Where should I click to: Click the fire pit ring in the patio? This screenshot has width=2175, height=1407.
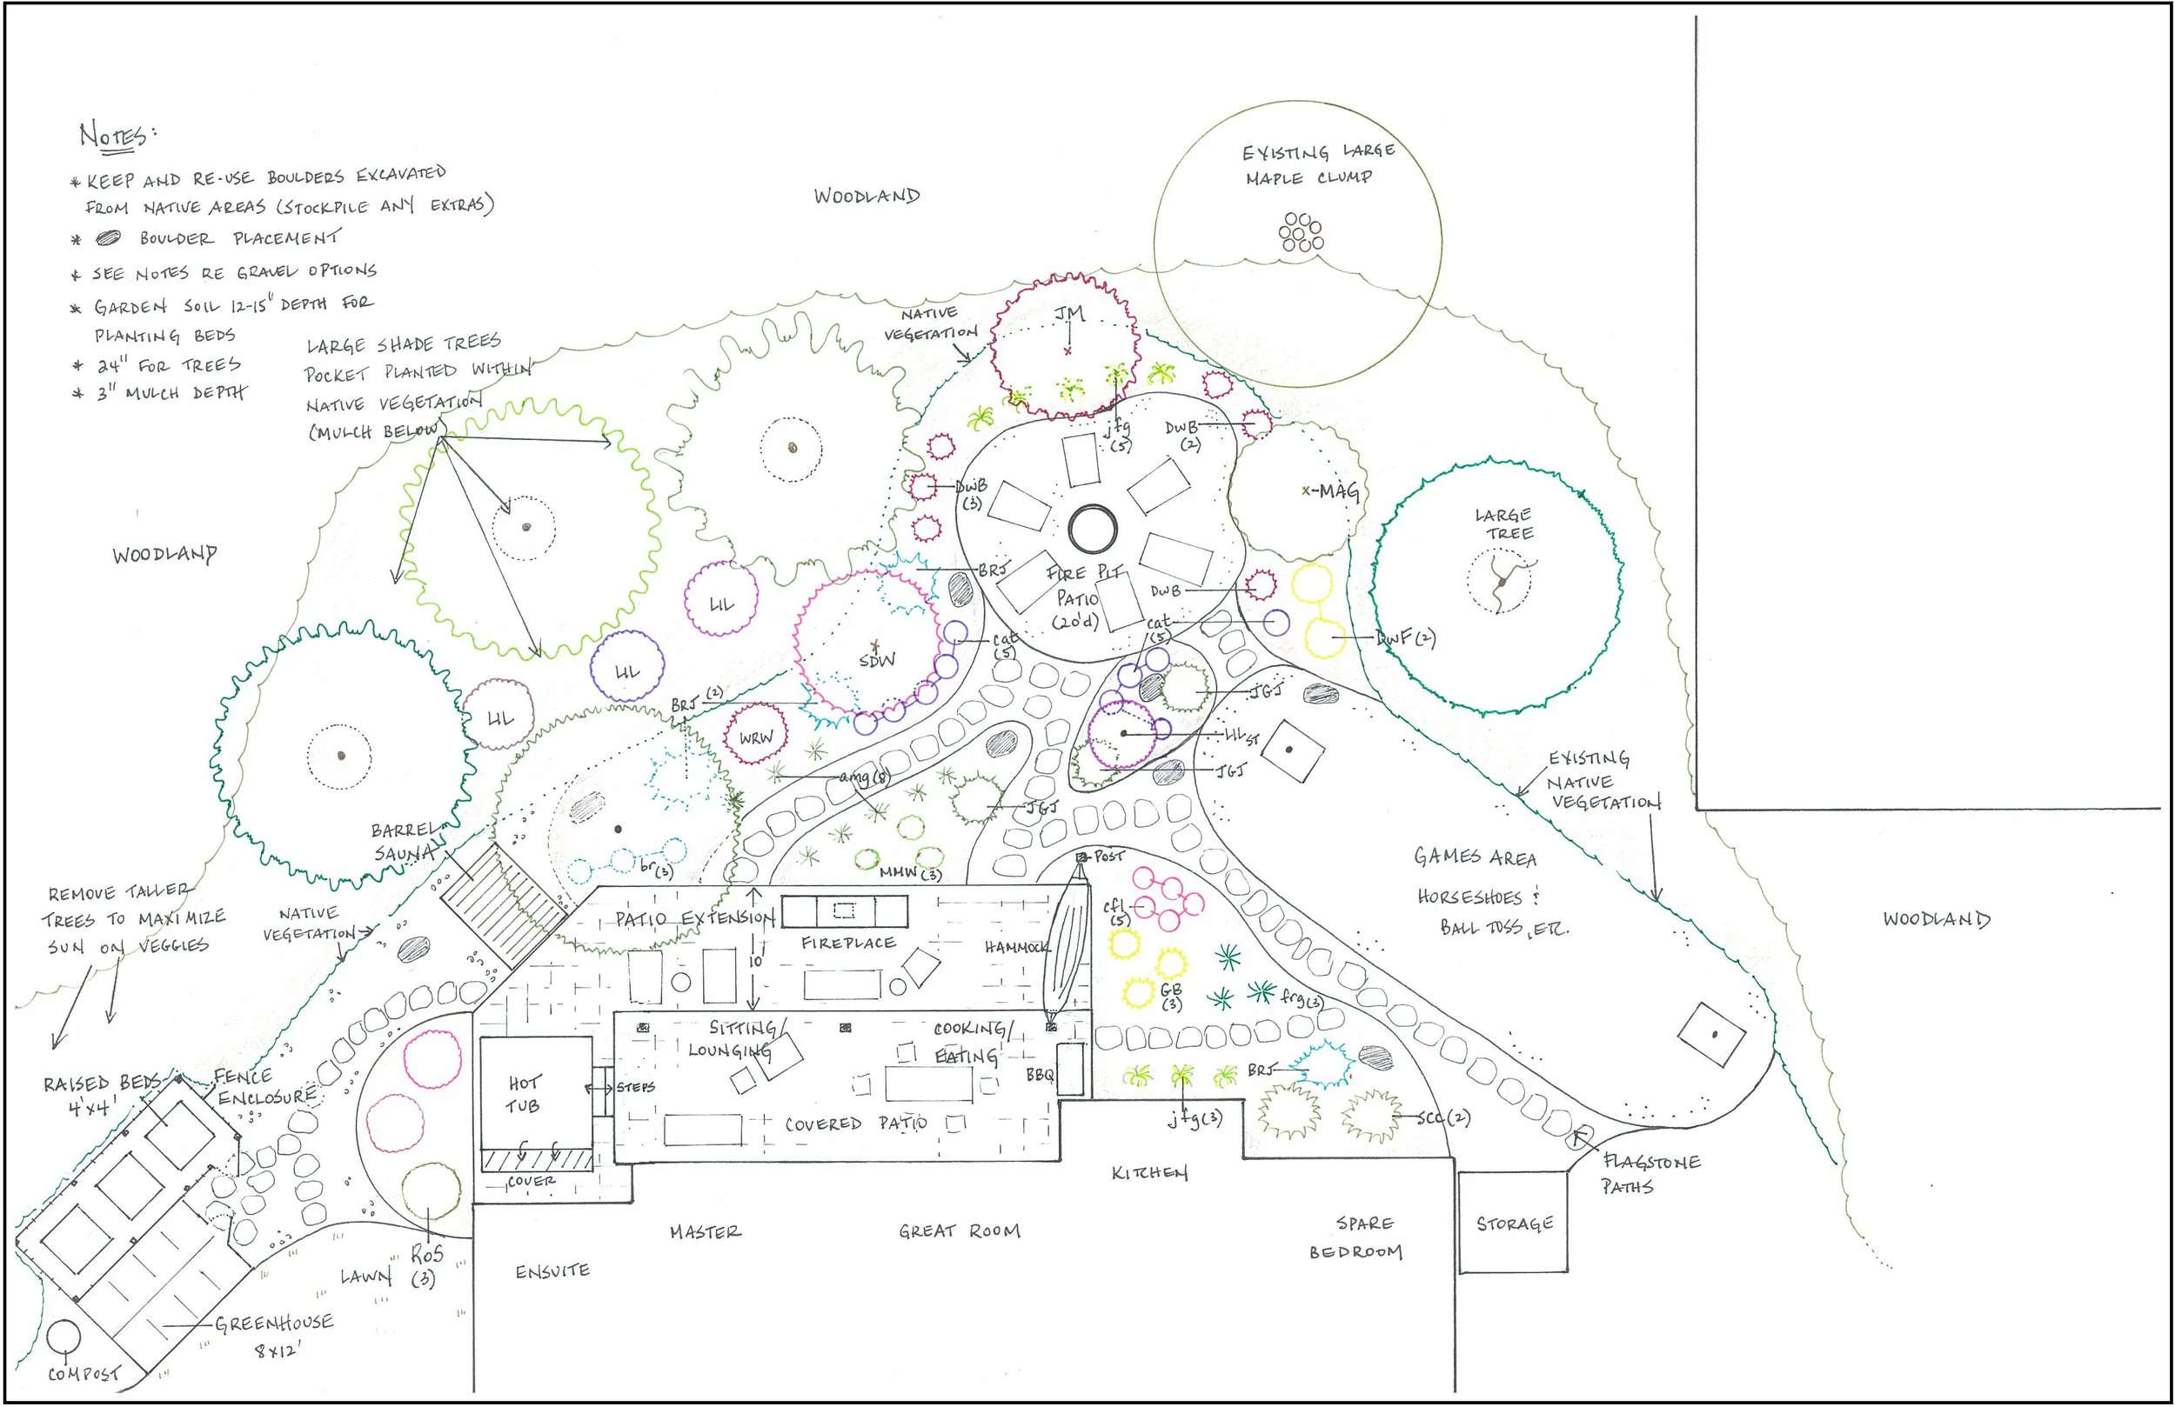point(1092,529)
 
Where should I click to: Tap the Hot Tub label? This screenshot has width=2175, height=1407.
point(524,1094)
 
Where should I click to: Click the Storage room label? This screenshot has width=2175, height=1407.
point(1515,1224)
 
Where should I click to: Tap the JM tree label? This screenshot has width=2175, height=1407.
point(1069,314)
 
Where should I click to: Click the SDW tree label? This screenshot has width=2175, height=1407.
point(877,660)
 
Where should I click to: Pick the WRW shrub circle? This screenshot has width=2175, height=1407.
point(756,737)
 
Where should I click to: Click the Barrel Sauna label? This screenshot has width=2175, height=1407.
point(404,842)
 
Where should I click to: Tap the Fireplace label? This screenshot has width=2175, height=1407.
point(848,942)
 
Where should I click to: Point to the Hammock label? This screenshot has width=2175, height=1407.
point(1016,948)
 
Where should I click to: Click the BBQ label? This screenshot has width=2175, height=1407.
point(1040,1075)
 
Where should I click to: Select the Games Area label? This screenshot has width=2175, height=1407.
point(1474,857)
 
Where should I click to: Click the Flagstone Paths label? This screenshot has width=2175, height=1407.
point(1650,1174)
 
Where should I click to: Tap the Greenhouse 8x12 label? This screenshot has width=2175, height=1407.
point(274,1334)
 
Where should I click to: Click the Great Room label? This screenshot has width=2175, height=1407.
point(959,1230)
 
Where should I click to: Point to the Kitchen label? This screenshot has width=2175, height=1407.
point(1148,1172)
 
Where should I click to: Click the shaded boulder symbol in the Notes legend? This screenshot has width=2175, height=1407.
point(109,237)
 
